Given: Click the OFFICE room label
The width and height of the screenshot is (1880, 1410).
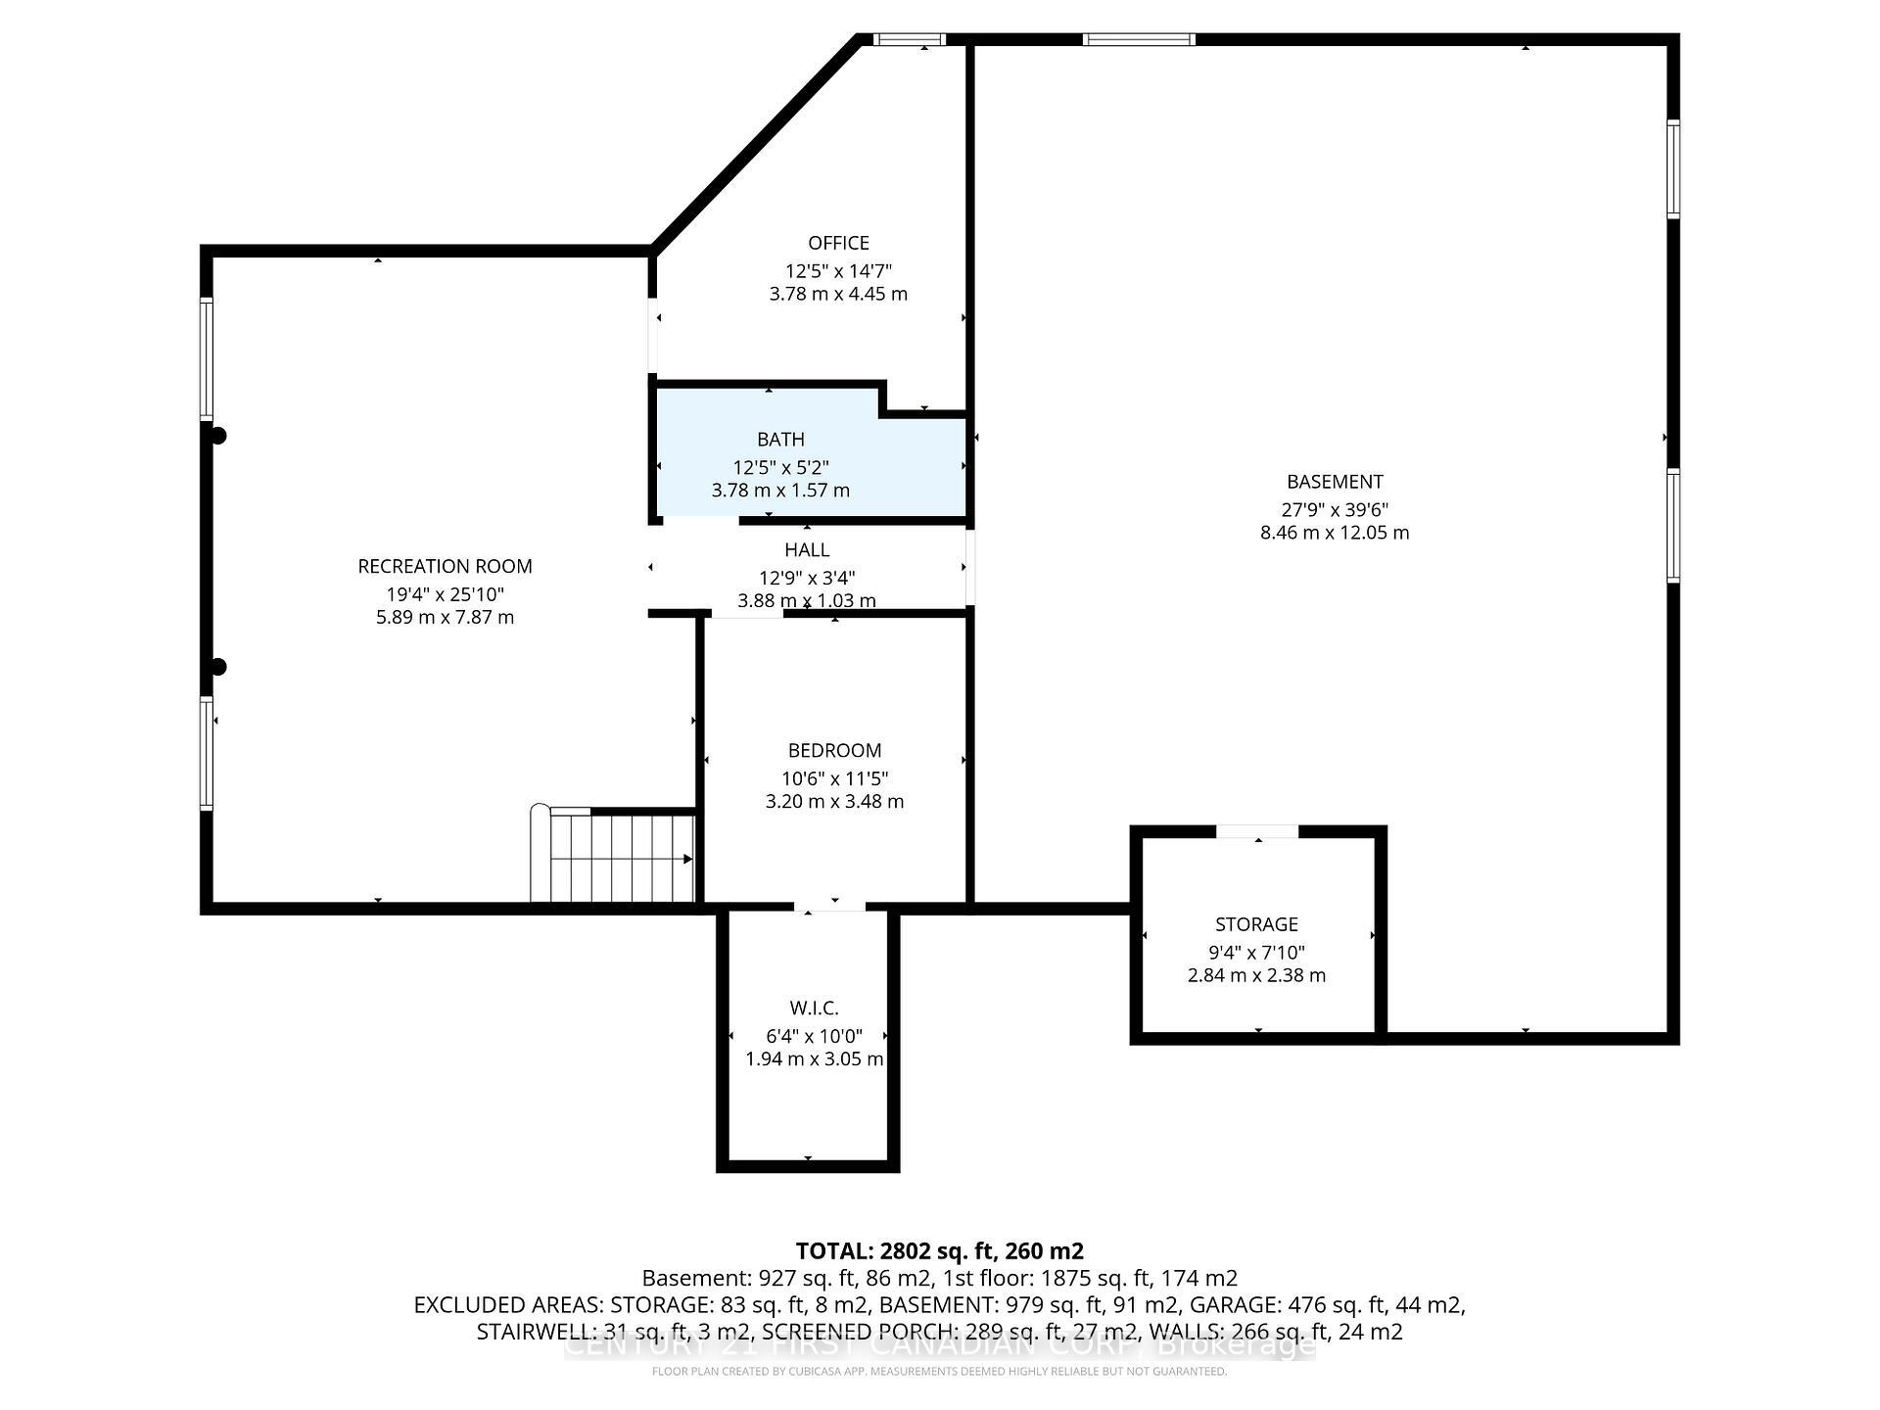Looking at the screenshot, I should [838, 243].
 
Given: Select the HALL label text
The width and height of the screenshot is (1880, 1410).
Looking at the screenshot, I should [807, 550].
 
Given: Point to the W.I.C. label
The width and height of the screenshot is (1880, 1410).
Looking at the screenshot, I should [814, 1009].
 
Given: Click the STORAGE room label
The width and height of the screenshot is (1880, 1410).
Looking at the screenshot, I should [1256, 924].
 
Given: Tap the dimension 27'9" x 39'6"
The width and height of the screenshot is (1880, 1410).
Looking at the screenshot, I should [1335, 509].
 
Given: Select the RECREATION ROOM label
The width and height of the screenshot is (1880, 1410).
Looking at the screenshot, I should [445, 566].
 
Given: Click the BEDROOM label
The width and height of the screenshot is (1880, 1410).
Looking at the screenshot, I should [834, 750].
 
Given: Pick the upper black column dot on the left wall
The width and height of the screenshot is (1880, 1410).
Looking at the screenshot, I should [218, 436].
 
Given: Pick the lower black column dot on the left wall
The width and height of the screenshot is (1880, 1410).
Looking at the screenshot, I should [218, 667].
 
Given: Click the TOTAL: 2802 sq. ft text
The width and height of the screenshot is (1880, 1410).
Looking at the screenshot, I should [939, 1250].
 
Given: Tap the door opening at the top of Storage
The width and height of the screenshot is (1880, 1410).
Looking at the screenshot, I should [1257, 831].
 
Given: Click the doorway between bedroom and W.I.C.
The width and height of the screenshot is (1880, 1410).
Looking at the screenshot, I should [829, 907].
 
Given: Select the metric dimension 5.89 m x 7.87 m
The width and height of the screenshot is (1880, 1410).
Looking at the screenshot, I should [445, 617].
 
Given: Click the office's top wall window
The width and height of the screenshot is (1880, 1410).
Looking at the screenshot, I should [909, 40].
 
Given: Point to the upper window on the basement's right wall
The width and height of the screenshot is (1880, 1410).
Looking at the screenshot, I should [1673, 168].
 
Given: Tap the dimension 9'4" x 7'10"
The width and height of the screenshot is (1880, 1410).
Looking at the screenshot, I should [1256, 952].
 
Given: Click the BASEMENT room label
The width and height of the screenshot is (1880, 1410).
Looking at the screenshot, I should [1335, 482].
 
